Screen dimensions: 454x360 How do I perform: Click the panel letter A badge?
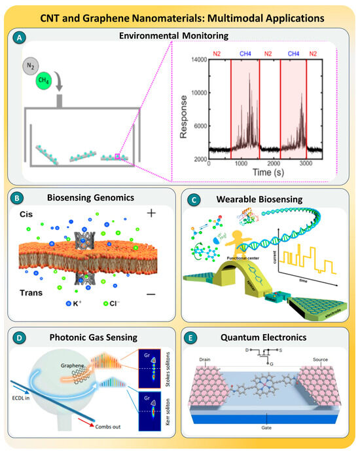24,38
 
